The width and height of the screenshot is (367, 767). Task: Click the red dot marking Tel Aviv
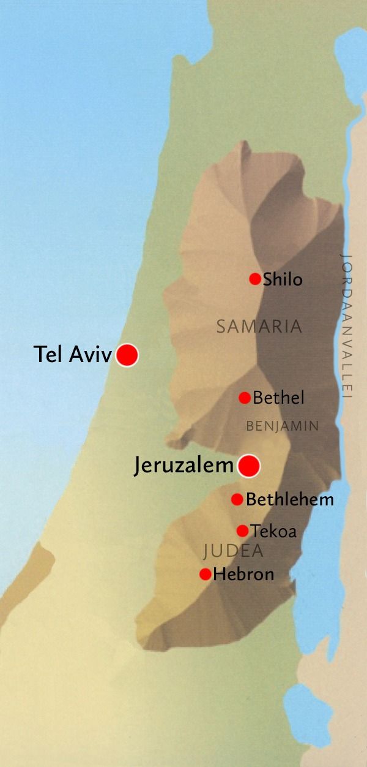127,355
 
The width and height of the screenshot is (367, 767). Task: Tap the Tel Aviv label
73,355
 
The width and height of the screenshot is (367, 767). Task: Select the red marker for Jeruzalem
248,466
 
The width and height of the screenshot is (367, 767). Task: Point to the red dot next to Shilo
255,279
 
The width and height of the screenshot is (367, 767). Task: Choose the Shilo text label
283,280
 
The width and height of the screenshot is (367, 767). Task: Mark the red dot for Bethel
244,398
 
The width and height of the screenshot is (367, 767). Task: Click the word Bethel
278,398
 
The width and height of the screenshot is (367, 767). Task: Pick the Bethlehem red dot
237,499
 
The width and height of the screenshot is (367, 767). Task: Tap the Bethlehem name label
290,500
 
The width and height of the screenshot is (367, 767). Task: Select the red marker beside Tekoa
242,531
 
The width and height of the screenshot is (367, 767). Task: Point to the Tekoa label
273,531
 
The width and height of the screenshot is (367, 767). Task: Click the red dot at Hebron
206,574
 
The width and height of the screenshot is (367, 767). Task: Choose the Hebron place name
243,575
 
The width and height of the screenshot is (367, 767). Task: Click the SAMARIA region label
259,327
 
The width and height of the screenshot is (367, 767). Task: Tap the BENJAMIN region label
282,426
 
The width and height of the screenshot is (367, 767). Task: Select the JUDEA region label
233,551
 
